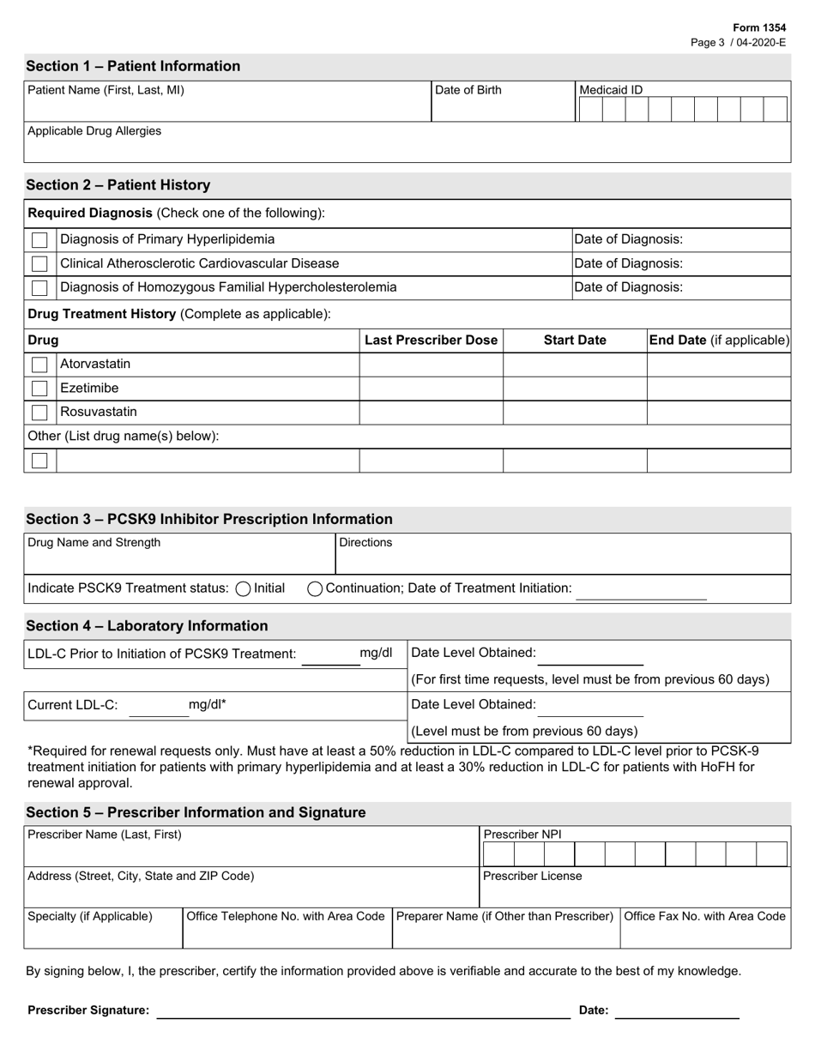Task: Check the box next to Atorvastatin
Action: (x=39, y=365)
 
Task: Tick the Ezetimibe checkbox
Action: (x=39, y=389)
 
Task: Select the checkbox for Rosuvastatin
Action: (x=39, y=413)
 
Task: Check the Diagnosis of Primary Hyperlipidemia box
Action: (x=39, y=240)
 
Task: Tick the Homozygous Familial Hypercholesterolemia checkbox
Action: (x=39, y=287)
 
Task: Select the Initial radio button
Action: (x=243, y=588)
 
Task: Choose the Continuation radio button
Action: (x=315, y=588)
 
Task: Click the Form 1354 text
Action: (x=759, y=28)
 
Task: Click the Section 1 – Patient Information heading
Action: (x=133, y=66)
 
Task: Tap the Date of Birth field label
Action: (x=468, y=90)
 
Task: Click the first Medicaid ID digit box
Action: (x=590, y=109)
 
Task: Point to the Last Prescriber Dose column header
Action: (x=431, y=341)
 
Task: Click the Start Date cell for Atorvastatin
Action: (x=574, y=365)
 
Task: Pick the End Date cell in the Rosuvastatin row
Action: (x=718, y=413)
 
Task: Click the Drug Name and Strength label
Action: (x=94, y=543)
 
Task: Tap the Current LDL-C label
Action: (x=73, y=705)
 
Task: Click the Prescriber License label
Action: (x=532, y=876)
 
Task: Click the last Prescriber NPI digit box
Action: (x=771, y=854)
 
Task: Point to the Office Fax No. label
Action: (x=704, y=916)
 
